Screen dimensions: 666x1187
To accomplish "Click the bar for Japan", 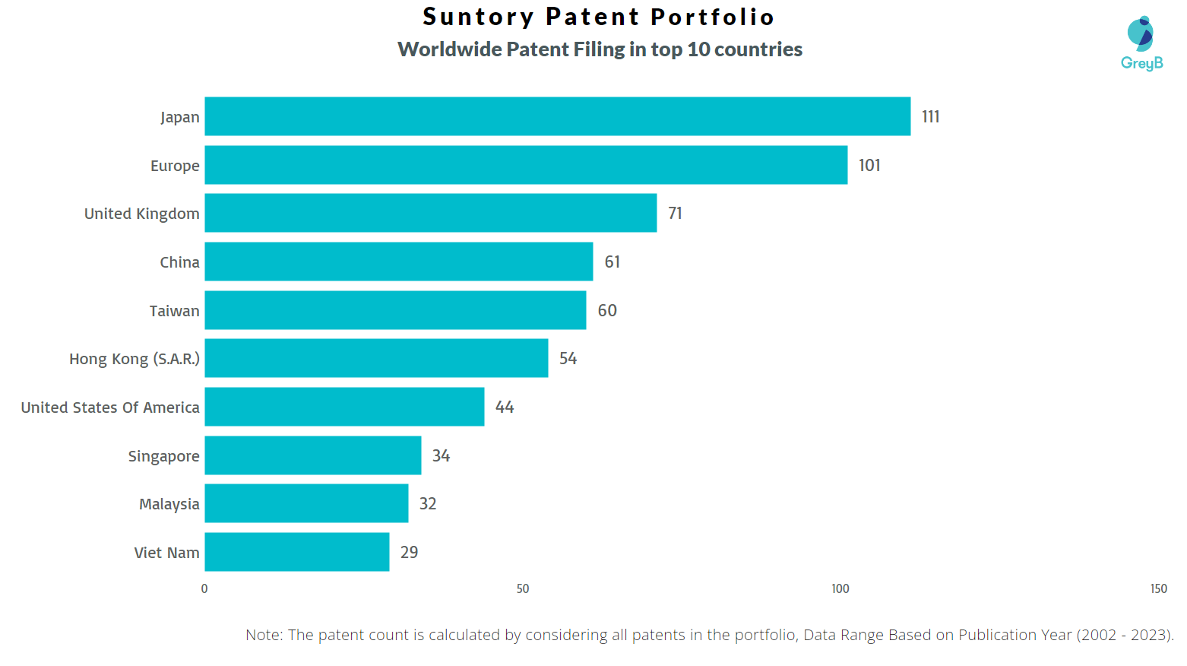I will (557, 116).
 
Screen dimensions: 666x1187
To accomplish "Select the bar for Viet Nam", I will (296, 552).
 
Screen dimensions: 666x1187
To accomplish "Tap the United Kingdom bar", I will (430, 213).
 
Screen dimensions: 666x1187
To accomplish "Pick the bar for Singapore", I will (312, 455).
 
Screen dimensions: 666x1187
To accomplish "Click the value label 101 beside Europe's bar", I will (869, 165).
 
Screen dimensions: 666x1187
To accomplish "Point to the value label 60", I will (607, 310).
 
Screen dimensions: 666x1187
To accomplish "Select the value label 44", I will (505, 407).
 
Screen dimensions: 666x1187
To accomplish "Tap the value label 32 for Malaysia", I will (428, 503).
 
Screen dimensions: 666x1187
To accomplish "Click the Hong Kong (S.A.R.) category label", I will (135, 359).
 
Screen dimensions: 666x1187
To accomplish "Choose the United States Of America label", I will (110, 408).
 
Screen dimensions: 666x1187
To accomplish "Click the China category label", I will (179, 262).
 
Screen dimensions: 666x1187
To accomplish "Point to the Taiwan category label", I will (174, 311).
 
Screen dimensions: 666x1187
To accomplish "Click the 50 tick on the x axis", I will (523, 588).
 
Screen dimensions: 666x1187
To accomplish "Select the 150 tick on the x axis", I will (1158, 588).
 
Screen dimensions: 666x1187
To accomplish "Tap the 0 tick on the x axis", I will (204, 588).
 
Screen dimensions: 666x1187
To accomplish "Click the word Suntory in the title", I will (479, 17).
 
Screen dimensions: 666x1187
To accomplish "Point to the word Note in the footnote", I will (262, 635).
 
